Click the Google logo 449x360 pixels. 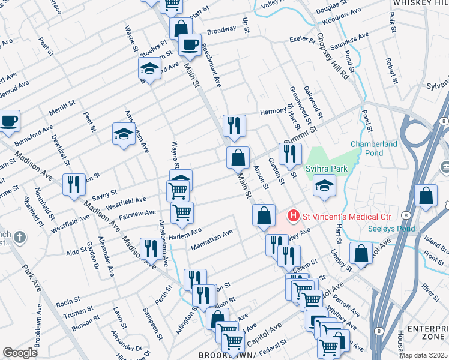coord(20,352)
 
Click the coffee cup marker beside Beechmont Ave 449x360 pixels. coord(190,44)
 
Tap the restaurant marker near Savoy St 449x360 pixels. coord(74,185)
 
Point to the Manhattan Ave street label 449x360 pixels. coord(211,240)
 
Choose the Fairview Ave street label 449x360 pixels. coord(137,214)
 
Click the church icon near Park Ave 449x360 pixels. coord(20,238)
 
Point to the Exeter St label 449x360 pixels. coord(302,40)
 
